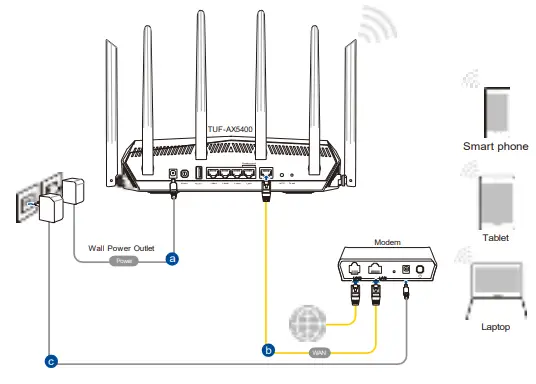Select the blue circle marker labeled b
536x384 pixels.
click(x=267, y=351)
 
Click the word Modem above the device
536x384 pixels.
click(x=386, y=242)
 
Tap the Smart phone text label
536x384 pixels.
click(x=494, y=145)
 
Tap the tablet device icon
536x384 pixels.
click(x=495, y=199)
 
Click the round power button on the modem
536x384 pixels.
click(x=421, y=270)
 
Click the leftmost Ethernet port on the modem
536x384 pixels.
click(x=356, y=269)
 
